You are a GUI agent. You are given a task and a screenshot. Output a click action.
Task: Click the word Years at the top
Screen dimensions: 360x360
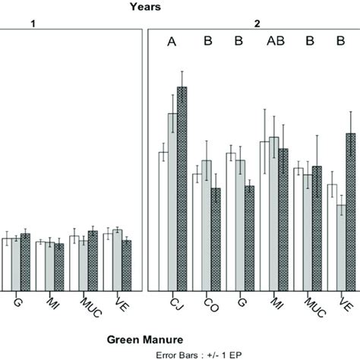click(144, 7)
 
